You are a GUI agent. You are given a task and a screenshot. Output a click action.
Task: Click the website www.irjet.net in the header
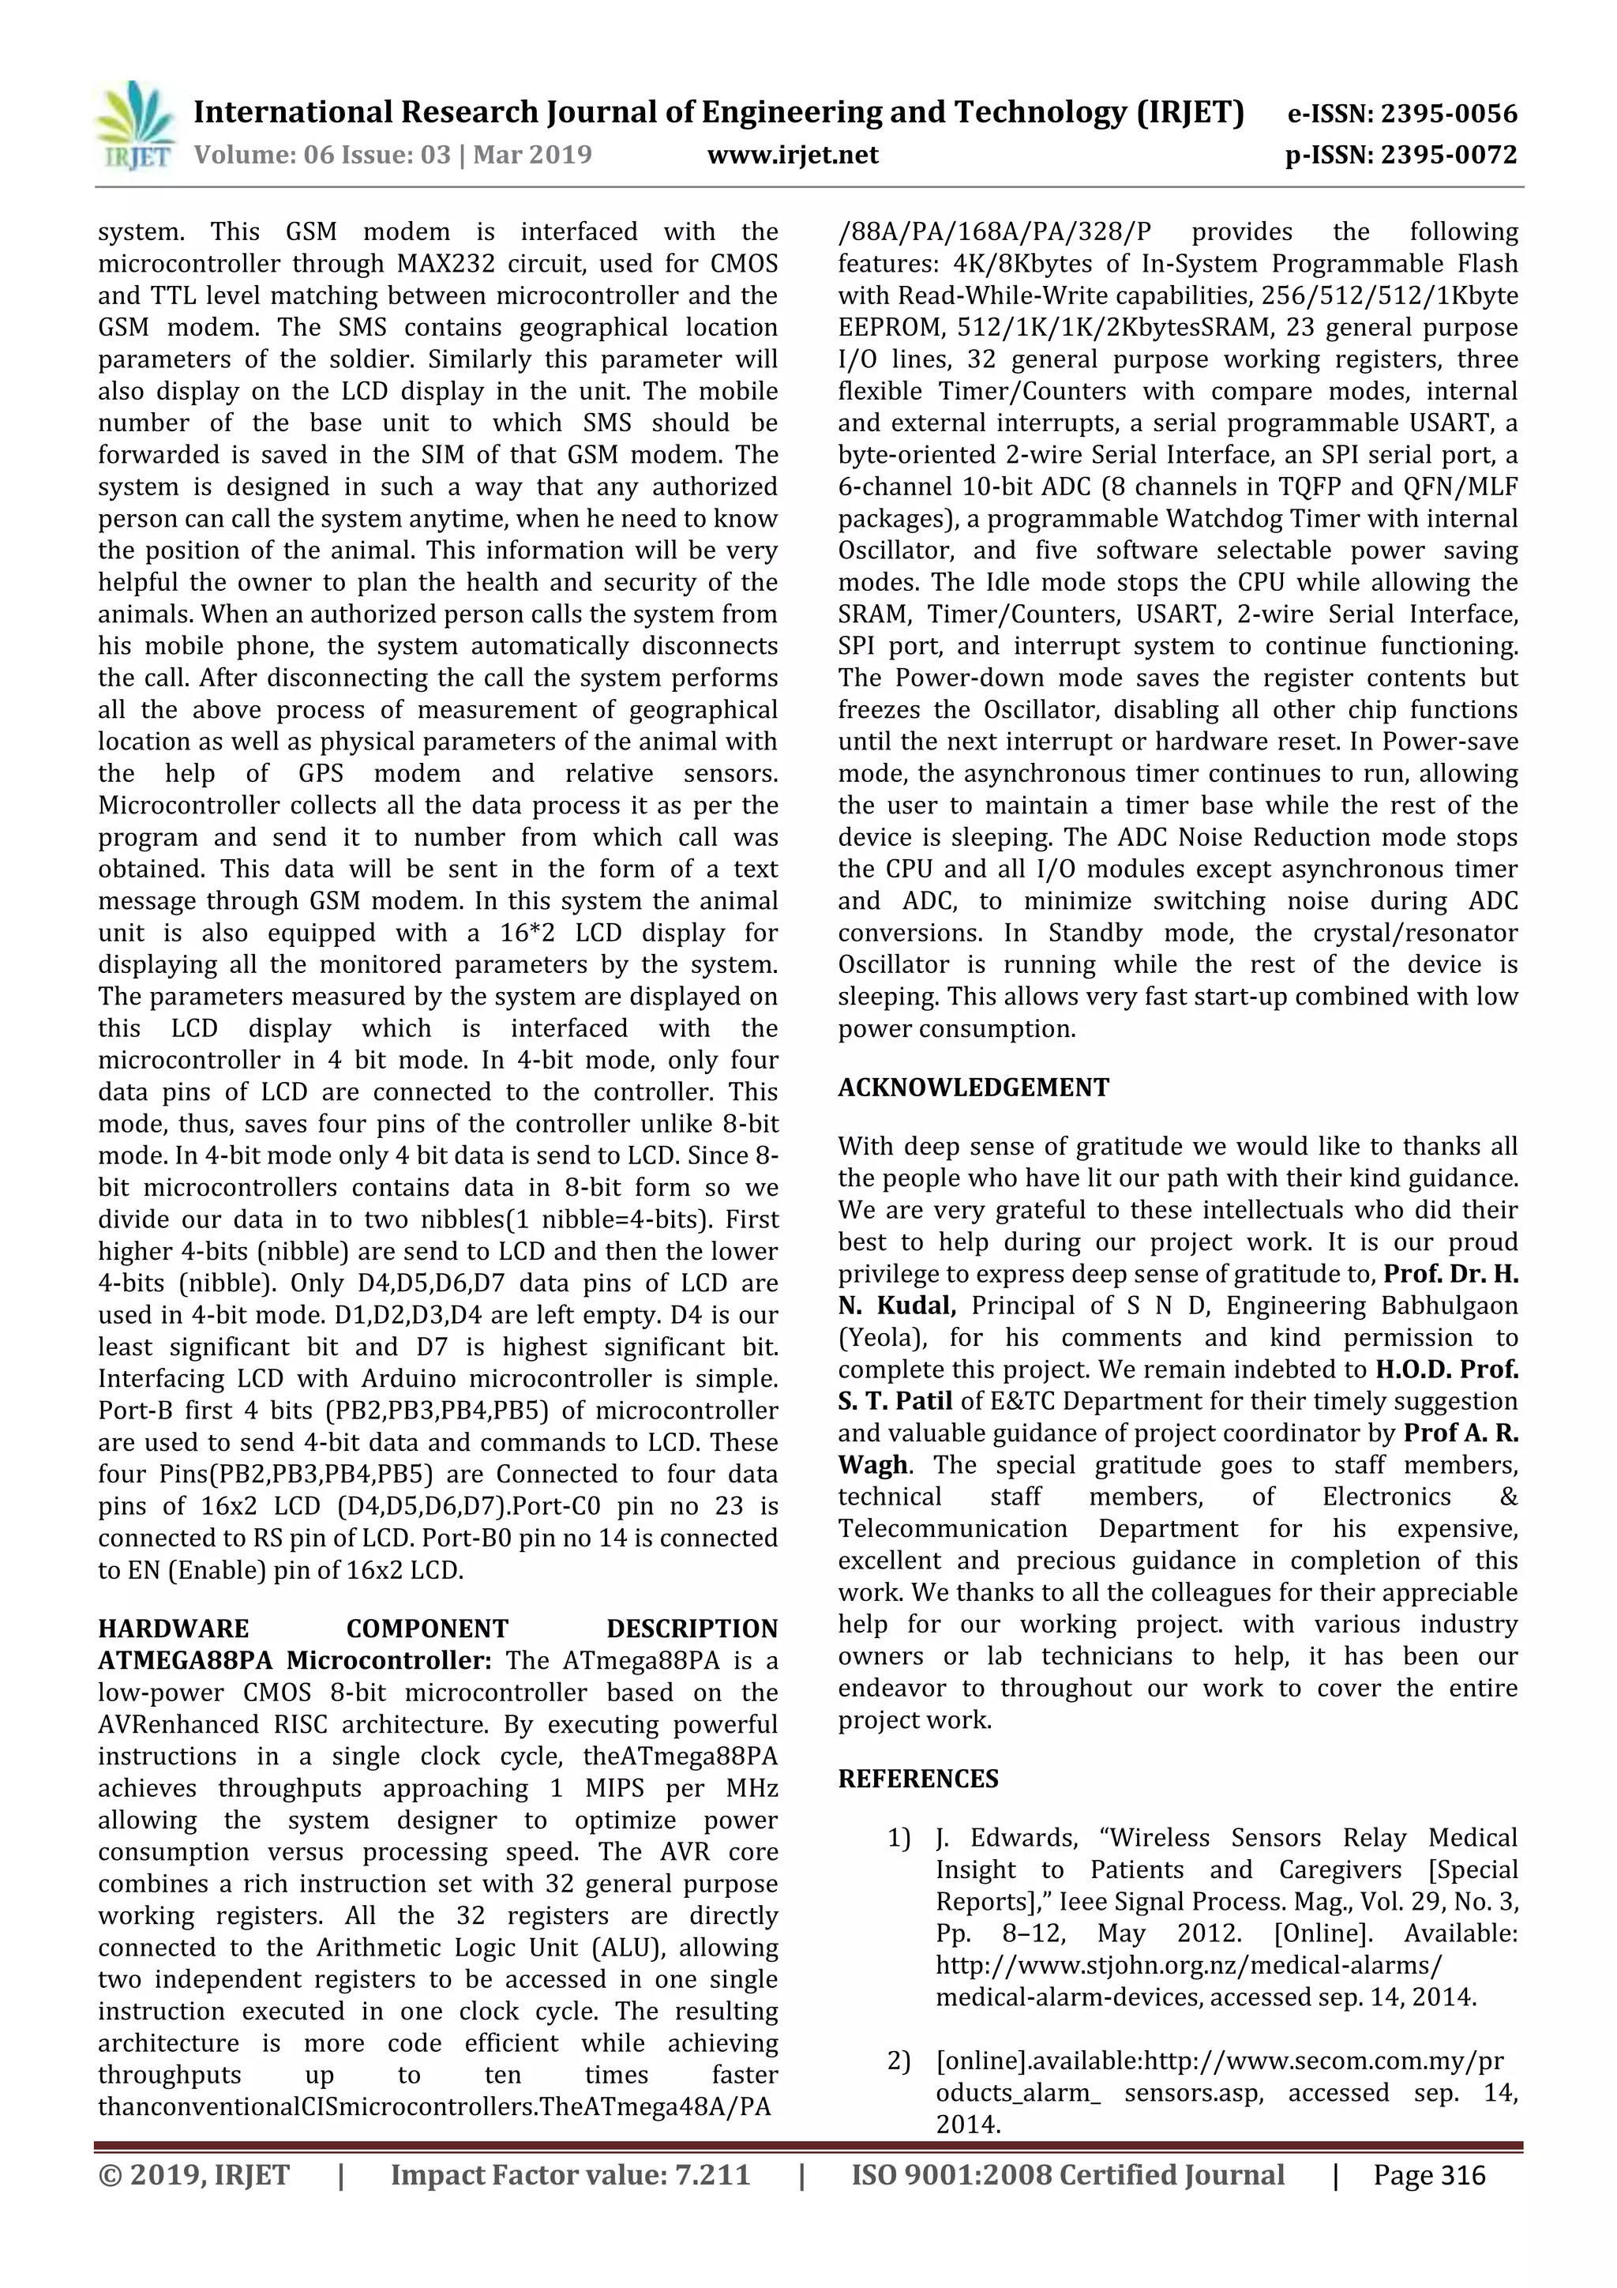pyautogui.click(x=792, y=155)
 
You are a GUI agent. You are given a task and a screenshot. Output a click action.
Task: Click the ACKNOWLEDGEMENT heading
pyautogui.click(x=973, y=1088)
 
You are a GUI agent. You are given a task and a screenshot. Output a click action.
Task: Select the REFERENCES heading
pyautogui.click(x=917, y=1779)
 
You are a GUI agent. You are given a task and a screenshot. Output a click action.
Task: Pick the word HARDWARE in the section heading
pyautogui.click(x=174, y=1629)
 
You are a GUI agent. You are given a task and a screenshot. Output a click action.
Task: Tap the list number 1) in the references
pyautogui.click(x=899, y=1838)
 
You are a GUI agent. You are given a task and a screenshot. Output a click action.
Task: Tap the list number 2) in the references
pyautogui.click(x=899, y=2061)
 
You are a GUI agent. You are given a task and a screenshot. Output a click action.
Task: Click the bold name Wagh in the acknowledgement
pyautogui.click(x=872, y=1465)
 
